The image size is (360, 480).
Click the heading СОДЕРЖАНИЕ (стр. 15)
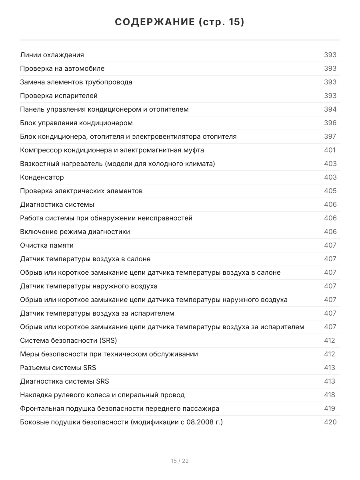[x=180, y=22]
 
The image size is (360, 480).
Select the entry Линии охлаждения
[x=52, y=55]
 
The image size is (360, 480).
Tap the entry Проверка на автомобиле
[x=62, y=68]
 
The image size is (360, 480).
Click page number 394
[x=330, y=109]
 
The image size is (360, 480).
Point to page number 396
[x=330, y=123]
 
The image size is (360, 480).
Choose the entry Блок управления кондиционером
[x=76, y=123]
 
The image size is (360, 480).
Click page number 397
[x=330, y=136]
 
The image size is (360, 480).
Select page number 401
[x=330, y=150]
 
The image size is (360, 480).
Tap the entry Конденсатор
[x=42, y=177]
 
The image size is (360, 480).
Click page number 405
[x=330, y=191]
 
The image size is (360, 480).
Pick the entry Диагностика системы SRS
[x=64, y=381]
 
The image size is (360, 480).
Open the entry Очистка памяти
[x=47, y=245]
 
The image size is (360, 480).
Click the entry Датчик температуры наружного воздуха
[x=89, y=286]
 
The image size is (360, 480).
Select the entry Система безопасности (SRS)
[x=68, y=340]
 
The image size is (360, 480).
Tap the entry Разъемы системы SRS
[x=58, y=368]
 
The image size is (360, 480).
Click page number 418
[x=330, y=395]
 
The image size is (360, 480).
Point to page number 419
[x=330, y=408]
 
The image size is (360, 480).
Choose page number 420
[x=330, y=422]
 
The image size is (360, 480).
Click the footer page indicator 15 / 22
[x=180, y=461]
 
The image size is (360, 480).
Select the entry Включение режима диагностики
[x=75, y=232]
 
